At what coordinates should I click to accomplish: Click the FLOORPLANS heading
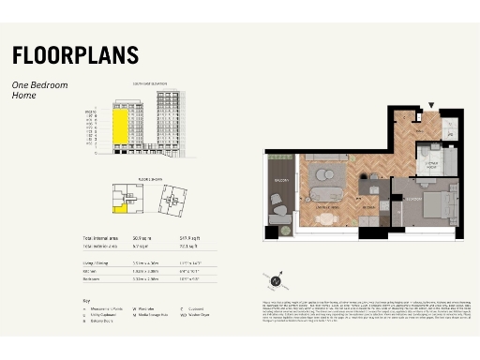click(75, 55)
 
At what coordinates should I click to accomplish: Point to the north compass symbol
click(275, 278)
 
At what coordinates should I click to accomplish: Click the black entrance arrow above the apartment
click(431, 106)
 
